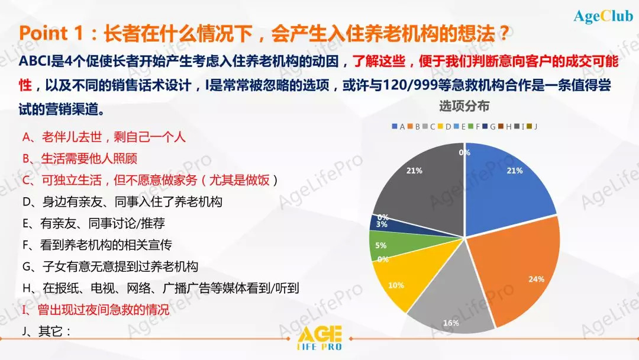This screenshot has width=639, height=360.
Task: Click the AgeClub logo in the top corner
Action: [x=603, y=16]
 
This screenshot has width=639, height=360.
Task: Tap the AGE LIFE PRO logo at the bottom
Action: [x=320, y=338]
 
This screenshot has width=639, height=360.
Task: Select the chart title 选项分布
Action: [x=464, y=106]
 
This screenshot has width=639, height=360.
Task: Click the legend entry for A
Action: [x=398, y=126]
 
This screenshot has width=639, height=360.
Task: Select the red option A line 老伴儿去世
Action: [x=104, y=137]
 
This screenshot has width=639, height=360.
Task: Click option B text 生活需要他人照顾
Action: [x=80, y=159]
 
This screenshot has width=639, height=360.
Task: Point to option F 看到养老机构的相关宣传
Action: [x=97, y=245]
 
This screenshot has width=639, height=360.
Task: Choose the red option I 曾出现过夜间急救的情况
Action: [x=95, y=310]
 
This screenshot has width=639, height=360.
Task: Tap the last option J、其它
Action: [x=46, y=331]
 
